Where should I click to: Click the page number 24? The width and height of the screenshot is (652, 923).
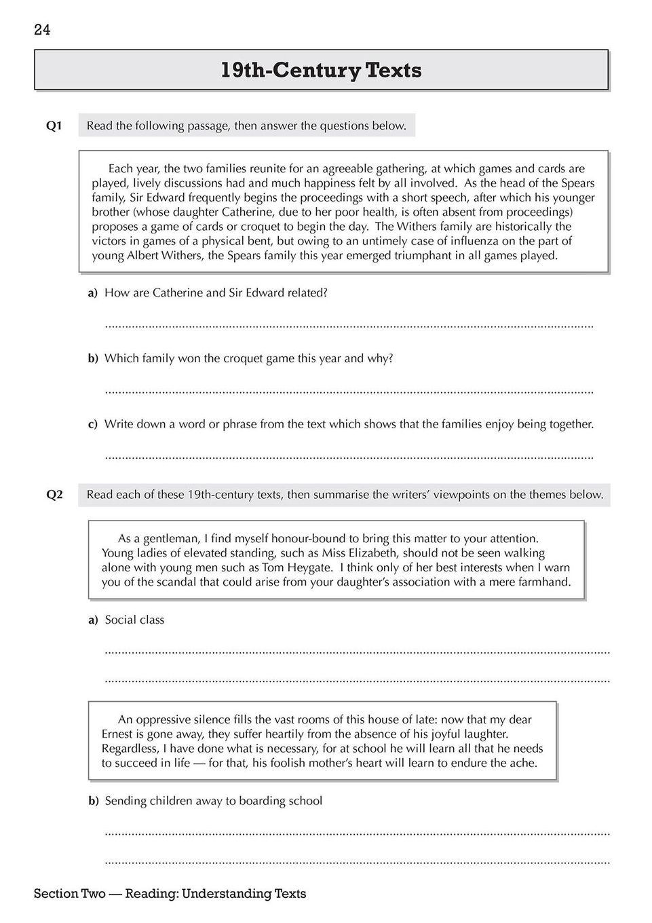coord(42,30)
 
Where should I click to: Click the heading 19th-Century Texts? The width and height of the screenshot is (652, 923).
coord(321,71)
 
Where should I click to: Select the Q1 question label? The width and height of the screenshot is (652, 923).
coord(54,126)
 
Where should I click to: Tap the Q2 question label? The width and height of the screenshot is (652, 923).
coord(54,495)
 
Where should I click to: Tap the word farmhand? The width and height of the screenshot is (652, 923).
coord(543,582)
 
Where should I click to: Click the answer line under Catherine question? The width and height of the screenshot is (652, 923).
coord(349,326)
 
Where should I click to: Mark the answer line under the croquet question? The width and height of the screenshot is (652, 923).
coord(349,392)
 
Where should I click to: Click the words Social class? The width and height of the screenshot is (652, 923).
coord(134,620)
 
